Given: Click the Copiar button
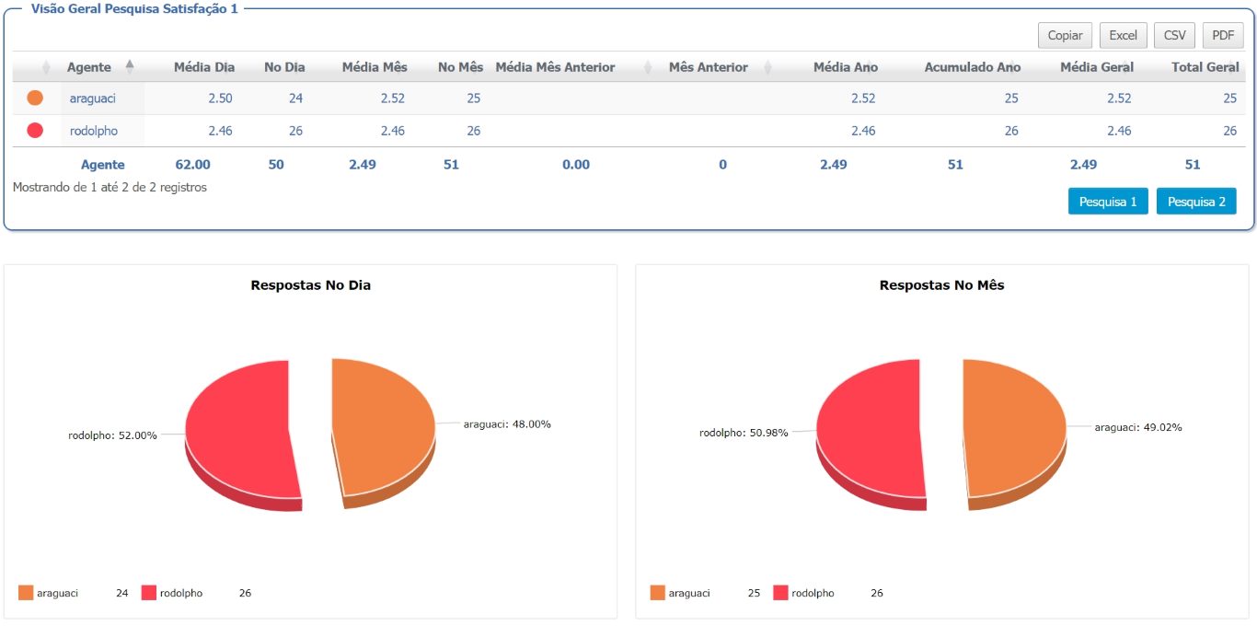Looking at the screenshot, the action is click(1065, 35).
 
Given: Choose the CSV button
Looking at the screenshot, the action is click(1174, 35).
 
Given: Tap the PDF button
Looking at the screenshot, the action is click(1223, 35).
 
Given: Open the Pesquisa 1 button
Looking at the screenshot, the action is click(1108, 202).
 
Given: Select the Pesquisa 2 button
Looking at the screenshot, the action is click(1196, 202).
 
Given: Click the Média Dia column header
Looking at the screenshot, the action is click(204, 67).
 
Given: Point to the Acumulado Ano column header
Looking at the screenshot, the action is click(973, 67).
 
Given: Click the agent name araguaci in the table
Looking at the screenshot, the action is click(93, 99).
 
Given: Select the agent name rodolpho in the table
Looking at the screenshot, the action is click(94, 131).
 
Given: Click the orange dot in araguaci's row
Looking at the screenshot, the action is click(35, 98).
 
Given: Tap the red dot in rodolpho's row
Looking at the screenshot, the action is click(35, 130).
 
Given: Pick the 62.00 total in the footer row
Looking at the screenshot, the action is click(192, 165).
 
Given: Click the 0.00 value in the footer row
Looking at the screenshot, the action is click(576, 165).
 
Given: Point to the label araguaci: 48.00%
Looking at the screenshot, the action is click(507, 424).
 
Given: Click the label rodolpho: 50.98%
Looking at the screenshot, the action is click(744, 433).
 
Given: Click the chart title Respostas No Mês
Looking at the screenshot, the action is click(941, 285).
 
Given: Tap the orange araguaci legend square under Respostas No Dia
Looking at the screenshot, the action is click(26, 593).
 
